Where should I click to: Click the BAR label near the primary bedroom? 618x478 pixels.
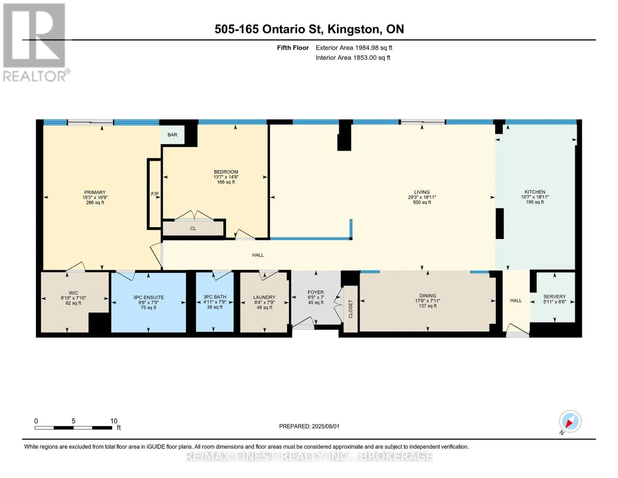[172, 135]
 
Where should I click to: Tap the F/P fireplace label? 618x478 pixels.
[155, 194]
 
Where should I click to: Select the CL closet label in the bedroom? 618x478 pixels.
[193, 228]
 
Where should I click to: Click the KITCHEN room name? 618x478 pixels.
[535, 192]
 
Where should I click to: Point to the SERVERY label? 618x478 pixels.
[554, 296]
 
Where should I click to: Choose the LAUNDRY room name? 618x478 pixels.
[264, 297]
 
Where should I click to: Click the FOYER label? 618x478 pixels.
[316, 292]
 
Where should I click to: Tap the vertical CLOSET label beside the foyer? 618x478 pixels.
[350, 309]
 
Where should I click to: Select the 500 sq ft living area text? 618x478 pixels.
[422, 202]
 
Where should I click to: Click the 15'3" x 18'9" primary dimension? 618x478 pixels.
[95, 197]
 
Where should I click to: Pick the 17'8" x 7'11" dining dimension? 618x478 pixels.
[427, 301]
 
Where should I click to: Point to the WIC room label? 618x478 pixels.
[73, 293]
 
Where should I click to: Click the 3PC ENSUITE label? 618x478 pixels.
[148, 297]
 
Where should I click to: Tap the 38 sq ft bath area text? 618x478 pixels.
[215, 307]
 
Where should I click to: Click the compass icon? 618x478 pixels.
[570, 421]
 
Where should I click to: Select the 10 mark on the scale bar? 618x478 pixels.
[114, 421]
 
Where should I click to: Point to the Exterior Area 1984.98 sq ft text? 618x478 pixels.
[354, 48]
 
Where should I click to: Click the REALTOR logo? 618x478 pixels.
[35, 42]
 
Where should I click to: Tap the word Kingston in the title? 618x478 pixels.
[353, 29]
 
